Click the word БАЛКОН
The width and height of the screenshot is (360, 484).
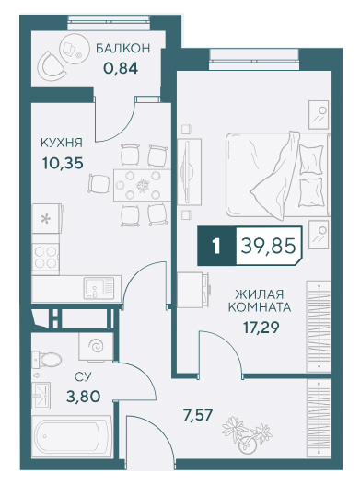tap(122, 49)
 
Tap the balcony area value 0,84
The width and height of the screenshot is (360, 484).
tap(121, 68)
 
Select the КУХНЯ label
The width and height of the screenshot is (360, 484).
tap(62, 143)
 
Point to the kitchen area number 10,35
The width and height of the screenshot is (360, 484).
tap(63, 163)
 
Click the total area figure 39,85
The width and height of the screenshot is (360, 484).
tap(268, 246)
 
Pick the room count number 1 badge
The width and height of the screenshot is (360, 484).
tap(216, 247)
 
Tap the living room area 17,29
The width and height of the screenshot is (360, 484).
tap(261, 328)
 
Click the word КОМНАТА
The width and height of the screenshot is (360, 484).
tap(260, 307)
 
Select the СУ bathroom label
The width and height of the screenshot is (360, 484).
tap(83, 376)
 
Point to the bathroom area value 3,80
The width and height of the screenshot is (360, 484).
tap(83, 397)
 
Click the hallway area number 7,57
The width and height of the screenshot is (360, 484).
tap(198, 415)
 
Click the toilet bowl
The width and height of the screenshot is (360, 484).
tap(47, 359)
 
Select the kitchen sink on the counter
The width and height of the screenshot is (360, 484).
tap(99, 288)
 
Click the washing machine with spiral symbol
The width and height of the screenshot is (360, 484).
tap(97, 346)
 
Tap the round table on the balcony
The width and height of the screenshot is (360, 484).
tap(71, 47)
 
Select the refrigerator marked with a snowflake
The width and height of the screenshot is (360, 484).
tap(47, 218)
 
